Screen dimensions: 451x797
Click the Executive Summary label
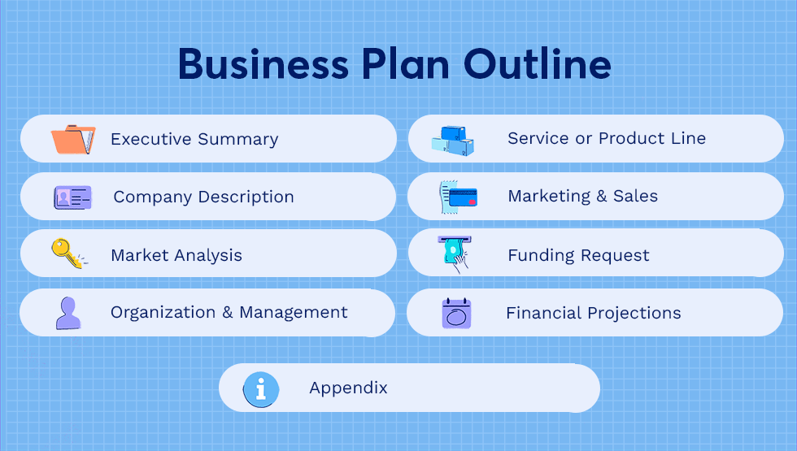(194, 140)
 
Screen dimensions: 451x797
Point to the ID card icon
(72, 197)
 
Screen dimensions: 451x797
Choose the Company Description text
(203, 197)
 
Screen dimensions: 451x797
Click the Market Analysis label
(176, 255)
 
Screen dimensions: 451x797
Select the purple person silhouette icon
(68, 313)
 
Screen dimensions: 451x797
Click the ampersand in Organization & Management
(228, 313)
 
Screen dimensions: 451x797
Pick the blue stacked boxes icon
(453, 141)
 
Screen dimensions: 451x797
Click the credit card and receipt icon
(458, 197)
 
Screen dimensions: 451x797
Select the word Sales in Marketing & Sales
(635, 197)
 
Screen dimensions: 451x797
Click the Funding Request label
(578, 256)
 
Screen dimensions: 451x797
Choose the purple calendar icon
(456, 313)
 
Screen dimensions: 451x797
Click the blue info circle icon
(261, 388)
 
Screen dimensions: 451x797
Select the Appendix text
(348, 388)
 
